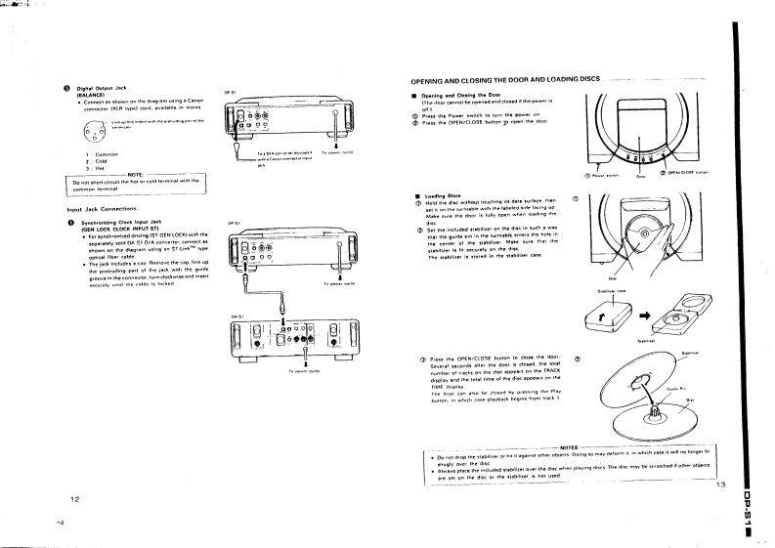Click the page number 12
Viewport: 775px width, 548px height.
click(x=73, y=499)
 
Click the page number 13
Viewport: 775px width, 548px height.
click(x=721, y=485)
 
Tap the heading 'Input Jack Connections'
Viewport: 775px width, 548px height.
click(x=101, y=209)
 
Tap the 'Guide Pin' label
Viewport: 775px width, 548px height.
click(x=700, y=389)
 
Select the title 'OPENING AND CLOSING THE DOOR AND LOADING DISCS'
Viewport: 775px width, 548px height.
click(x=503, y=80)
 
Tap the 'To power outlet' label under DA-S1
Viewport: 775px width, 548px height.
click(x=306, y=372)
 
